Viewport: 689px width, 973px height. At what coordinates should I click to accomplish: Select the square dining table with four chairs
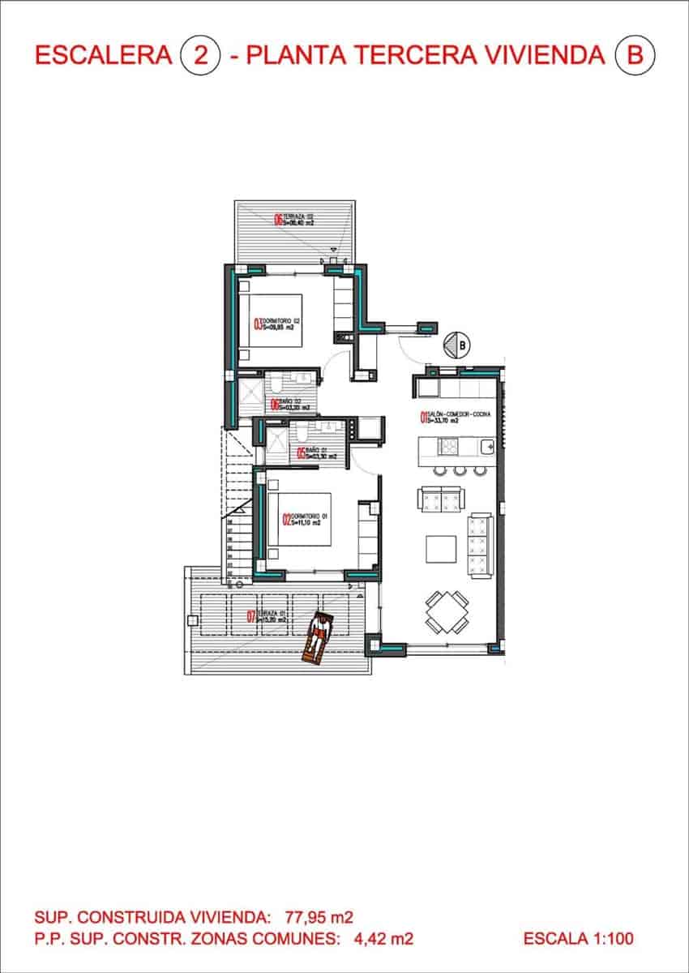[x=447, y=613]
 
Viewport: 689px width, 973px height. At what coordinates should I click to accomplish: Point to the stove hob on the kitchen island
[x=448, y=446]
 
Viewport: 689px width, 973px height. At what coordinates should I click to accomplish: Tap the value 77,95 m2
[x=319, y=918]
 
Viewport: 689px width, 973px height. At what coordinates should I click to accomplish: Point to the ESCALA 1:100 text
[x=578, y=939]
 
